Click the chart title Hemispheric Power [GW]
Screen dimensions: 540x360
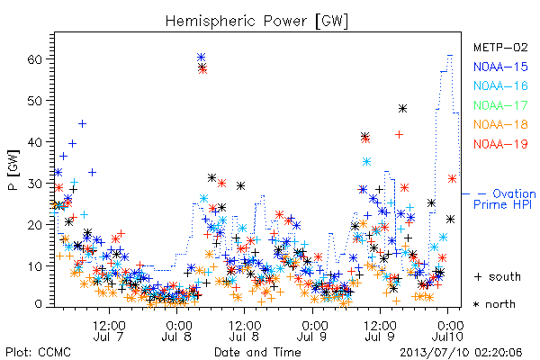coord(256,22)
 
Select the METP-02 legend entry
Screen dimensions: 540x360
coord(500,47)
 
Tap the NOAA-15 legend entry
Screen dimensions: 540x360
coord(500,67)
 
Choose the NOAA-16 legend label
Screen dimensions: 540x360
coord(500,85)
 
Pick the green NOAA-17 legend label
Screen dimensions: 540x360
coord(500,105)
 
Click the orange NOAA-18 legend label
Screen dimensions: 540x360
coord(500,124)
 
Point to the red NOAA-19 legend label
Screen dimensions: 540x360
coord(500,144)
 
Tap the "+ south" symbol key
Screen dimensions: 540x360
coord(498,276)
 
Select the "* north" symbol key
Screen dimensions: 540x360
coord(494,304)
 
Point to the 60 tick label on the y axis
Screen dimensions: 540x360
coord(34,59)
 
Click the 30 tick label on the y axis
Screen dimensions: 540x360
coord(34,184)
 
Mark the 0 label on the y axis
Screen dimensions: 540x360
coord(38,304)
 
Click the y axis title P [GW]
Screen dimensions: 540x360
coord(13,170)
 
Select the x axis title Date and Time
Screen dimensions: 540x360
coord(257,352)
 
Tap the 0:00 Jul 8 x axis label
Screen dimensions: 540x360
coord(176,330)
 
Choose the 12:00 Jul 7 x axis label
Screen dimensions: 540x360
coord(109,330)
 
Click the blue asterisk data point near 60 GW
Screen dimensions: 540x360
coord(201,57)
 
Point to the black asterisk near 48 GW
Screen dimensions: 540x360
coord(402,109)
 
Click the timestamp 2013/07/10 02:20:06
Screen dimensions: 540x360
coord(461,353)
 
